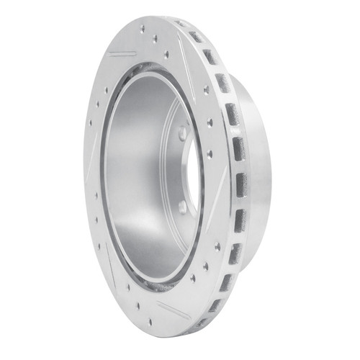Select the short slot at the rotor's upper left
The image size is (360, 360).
pyautogui.click(x=122, y=53)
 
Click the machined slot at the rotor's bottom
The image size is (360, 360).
pyautogui.click(x=174, y=310)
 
